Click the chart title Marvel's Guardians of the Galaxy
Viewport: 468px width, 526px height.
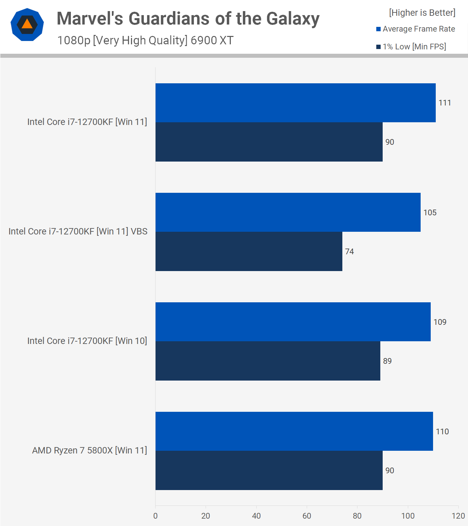[188, 19]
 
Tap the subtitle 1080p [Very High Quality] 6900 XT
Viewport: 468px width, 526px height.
[145, 40]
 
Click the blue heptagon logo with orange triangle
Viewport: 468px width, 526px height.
[27, 25]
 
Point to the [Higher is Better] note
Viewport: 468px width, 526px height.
[422, 13]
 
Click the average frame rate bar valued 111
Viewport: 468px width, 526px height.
[295, 103]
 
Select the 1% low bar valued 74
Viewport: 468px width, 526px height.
[249, 251]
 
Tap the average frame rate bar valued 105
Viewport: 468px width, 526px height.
[288, 212]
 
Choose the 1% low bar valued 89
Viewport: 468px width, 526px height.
[268, 361]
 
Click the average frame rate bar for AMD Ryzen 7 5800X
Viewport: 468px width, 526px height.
[294, 431]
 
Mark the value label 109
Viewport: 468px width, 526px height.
[440, 322]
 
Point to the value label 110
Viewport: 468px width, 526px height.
[442, 432]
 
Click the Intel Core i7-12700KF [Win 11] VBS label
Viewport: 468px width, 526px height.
[78, 231]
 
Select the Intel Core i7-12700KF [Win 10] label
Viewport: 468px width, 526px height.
[87, 341]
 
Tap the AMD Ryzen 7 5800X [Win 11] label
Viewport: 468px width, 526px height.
[89, 450]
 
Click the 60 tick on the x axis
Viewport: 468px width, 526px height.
[307, 516]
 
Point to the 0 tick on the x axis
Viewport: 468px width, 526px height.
[155, 516]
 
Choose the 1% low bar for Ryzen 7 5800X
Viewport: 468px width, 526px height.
[269, 470]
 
